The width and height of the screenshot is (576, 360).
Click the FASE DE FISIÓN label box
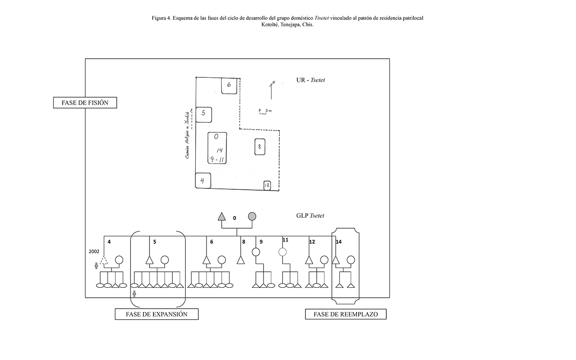[x=85, y=103]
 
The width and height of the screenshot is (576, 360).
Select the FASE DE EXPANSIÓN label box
[x=156, y=314]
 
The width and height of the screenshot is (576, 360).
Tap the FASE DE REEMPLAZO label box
[x=346, y=314]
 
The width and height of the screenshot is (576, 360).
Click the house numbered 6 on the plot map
[x=229, y=85]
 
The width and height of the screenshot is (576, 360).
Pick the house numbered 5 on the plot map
[x=204, y=114]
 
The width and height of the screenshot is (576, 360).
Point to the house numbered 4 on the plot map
[x=203, y=181]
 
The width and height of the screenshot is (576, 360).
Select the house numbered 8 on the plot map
[x=259, y=147]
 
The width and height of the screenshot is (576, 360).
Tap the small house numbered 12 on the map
[x=267, y=185]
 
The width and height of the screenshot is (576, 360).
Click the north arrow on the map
[x=271, y=90]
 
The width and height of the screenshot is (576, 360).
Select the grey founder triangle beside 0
[x=222, y=217]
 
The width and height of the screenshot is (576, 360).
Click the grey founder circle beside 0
[x=252, y=217]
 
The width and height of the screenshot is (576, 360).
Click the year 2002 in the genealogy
[x=93, y=251]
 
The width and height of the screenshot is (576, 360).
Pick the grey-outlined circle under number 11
[x=283, y=252]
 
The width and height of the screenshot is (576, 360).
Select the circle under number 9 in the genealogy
[x=255, y=252]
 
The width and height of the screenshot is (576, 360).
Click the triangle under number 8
[x=241, y=260]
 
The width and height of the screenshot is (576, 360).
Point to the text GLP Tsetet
[x=310, y=216]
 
